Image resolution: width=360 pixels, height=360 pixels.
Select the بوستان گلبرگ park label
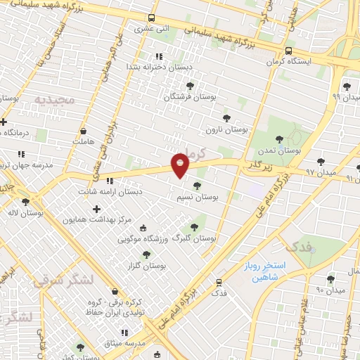click(x=198, y=239)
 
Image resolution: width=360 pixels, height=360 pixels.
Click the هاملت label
click(x=82, y=141)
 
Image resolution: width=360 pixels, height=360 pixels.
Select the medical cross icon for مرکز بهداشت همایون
click(x=96, y=209)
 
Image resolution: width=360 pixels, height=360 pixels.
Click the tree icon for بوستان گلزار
click(x=146, y=255)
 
